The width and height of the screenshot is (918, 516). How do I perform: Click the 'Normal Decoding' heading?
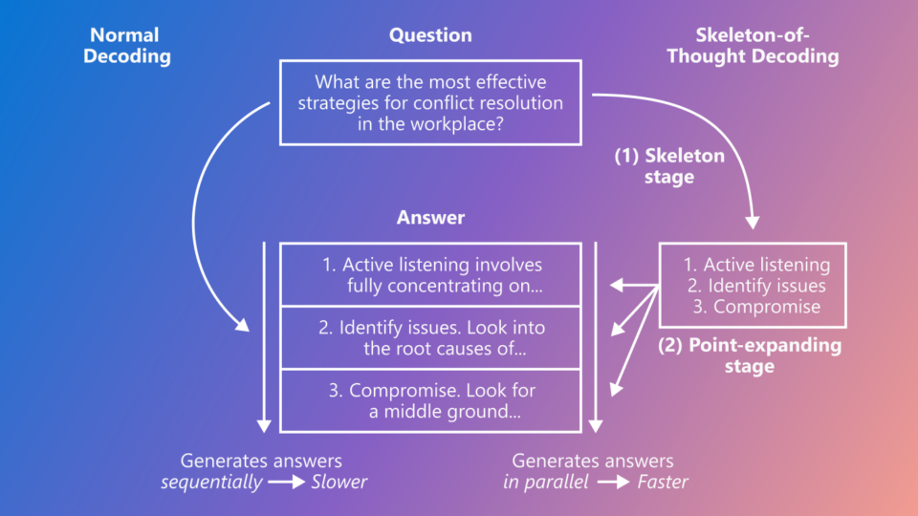click(x=126, y=46)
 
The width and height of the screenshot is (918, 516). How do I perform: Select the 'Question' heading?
click(x=429, y=35)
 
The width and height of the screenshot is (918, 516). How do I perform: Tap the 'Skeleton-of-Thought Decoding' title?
click(x=752, y=46)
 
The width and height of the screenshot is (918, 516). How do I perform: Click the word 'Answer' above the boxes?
click(x=430, y=218)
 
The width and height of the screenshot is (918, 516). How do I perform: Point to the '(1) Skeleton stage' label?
click(x=669, y=166)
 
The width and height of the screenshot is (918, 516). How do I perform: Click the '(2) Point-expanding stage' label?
click(x=750, y=355)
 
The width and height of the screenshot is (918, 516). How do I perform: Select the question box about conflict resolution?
click(x=429, y=102)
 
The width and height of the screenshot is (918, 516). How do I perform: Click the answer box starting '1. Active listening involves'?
click(x=429, y=275)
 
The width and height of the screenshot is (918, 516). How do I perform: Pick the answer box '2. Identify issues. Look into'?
click(x=429, y=338)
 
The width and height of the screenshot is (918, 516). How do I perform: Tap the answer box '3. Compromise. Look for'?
click(x=429, y=401)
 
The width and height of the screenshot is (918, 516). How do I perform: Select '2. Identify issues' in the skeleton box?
click(x=754, y=286)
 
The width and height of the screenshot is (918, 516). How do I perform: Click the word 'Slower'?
click(x=339, y=483)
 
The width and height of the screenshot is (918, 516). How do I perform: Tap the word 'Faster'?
click(x=663, y=483)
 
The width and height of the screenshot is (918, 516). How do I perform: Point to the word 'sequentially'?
click(x=211, y=483)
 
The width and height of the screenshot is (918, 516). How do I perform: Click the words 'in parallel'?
click(x=546, y=483)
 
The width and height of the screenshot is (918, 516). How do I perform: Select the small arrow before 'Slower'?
click(x=286, y=483)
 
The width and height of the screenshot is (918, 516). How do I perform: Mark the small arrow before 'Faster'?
click(x=613, y=483)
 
